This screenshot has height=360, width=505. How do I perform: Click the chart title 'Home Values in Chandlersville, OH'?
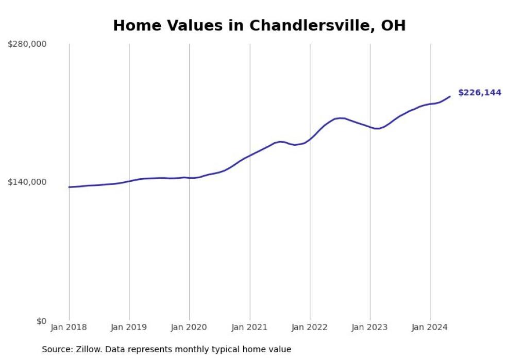pos(259,25)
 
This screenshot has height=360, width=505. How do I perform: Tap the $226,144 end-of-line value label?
pos(479,93)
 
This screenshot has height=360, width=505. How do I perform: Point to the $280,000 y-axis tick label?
pos(27,44)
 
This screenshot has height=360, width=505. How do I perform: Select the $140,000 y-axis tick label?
pos(27,182)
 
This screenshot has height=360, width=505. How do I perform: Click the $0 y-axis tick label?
pos(41,321)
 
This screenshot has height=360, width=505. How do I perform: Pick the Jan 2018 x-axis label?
pos(69,328)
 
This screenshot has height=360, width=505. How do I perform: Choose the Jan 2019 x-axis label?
pos(129,328)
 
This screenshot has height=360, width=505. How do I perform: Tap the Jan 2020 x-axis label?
pos(189,328)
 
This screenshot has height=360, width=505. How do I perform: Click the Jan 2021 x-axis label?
pos(249,328)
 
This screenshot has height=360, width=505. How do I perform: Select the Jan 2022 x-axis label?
pos(310,328)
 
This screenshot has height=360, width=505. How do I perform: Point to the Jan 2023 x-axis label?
pos(370,328)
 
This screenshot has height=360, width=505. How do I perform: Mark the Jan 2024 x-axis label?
pos(430,328)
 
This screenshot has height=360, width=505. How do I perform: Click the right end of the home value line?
pos(450,96)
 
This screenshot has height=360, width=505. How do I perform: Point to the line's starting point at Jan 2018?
pos(69,187)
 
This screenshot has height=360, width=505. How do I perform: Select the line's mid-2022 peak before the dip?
pos(340,118)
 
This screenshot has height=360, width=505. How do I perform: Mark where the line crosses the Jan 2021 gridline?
pos(250,155)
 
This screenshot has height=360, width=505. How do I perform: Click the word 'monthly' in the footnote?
pos(193,350)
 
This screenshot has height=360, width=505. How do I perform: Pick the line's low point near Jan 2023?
pos(377,128)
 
